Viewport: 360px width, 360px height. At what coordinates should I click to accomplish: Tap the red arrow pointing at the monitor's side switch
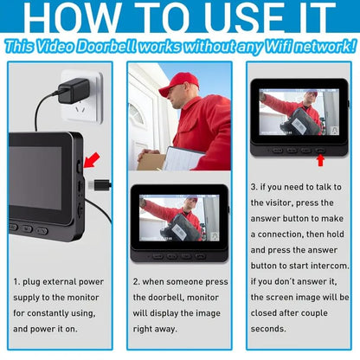92,161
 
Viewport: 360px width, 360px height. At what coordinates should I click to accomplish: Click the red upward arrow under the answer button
320,160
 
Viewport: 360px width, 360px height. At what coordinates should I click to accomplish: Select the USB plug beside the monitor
100,184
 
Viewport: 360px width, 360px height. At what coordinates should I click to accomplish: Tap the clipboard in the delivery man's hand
183,158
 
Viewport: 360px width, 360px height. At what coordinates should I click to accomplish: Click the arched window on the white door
136,113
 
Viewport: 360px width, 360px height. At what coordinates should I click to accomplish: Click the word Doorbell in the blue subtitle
106,47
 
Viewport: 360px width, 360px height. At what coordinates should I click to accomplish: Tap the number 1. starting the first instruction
16,282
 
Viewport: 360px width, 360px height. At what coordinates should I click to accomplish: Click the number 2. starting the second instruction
136,282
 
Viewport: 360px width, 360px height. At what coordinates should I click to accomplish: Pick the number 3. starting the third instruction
254,187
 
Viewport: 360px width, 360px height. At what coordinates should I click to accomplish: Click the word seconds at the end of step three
268,329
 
